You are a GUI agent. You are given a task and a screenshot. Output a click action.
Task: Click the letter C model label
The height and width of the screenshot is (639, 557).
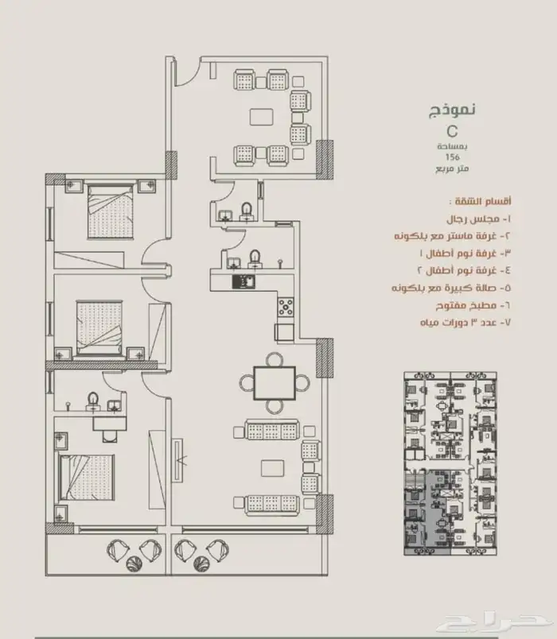click(452, 132)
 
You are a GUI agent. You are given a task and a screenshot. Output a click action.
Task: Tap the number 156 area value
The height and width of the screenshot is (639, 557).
click(453, 157)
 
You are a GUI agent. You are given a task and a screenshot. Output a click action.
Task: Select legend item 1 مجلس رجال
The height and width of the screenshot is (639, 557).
click(478, 219)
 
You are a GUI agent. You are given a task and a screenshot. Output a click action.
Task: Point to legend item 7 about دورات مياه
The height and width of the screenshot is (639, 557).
click(465, 323)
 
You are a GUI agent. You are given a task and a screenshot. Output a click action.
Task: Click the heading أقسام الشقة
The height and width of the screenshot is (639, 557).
click(480, 201)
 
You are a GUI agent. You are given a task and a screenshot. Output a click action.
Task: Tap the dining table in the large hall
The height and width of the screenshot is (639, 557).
click(275, 383)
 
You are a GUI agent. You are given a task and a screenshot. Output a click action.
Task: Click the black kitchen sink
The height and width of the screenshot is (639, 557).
click(243, 282)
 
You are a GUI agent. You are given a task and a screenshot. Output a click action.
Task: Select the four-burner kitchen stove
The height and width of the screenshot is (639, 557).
click(286, 308)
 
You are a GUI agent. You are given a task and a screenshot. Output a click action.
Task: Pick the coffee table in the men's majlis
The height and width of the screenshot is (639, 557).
click(262, 117)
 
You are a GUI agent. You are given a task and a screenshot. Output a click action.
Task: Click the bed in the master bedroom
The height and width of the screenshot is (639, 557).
click(87, 477)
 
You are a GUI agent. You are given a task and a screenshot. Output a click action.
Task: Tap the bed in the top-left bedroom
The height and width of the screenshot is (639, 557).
click(110, 211)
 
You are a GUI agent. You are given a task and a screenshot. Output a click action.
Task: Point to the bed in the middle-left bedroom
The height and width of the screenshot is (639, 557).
click(99, 328)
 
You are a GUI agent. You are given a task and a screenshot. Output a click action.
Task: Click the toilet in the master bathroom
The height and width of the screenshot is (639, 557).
click(93, 401)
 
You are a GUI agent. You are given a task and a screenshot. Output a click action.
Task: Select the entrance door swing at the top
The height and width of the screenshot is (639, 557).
click(187, 72)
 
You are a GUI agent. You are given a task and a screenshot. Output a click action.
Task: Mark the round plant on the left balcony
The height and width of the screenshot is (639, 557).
click(134, 563)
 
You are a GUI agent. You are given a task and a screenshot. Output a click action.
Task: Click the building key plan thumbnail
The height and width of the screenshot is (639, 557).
click(450, 463)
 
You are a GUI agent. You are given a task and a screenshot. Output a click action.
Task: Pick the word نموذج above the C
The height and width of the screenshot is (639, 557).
click(452, 109)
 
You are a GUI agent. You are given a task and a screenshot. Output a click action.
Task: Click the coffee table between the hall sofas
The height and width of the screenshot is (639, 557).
click(273, 468)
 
